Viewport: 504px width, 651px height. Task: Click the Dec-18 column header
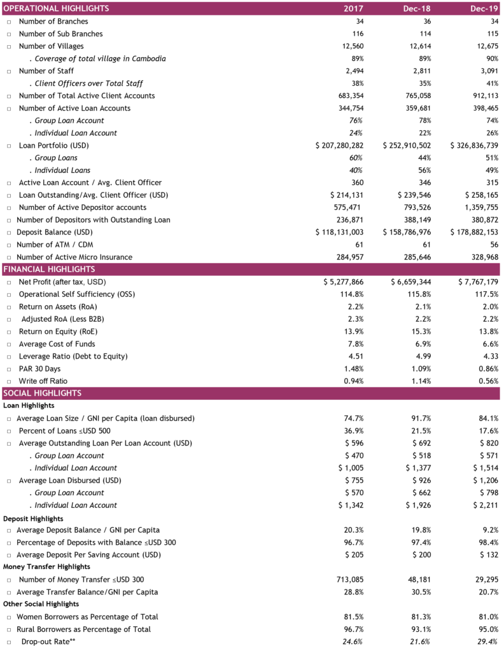pos(417,8)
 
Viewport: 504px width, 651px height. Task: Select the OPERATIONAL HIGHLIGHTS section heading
pos(56,8)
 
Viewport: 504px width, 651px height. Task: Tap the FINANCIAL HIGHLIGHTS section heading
pos(49,269)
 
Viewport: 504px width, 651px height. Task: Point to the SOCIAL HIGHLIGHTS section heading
pos(43,393)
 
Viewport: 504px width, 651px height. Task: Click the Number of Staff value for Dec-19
pos(489,71)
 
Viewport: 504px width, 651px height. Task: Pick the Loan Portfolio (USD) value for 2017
pos(339,146)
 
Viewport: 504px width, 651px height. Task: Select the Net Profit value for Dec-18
pos(411,282)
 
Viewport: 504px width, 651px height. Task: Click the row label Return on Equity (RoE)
pos(58,332)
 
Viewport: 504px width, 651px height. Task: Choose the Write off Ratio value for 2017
pos(354,381)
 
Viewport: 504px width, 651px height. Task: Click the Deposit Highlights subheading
pos(33,519)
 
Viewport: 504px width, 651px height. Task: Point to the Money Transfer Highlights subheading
pos(46,566)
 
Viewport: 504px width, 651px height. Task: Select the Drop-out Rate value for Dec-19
pos(488,642)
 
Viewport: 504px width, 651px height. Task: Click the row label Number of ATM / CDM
pos(55,245)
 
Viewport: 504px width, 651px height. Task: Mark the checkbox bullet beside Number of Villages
pos(9,46)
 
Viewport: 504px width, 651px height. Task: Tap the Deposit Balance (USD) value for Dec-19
pos(475,233)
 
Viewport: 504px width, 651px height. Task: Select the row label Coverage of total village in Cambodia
pos(100,59)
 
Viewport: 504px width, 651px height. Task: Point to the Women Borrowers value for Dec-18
pos(421,617)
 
